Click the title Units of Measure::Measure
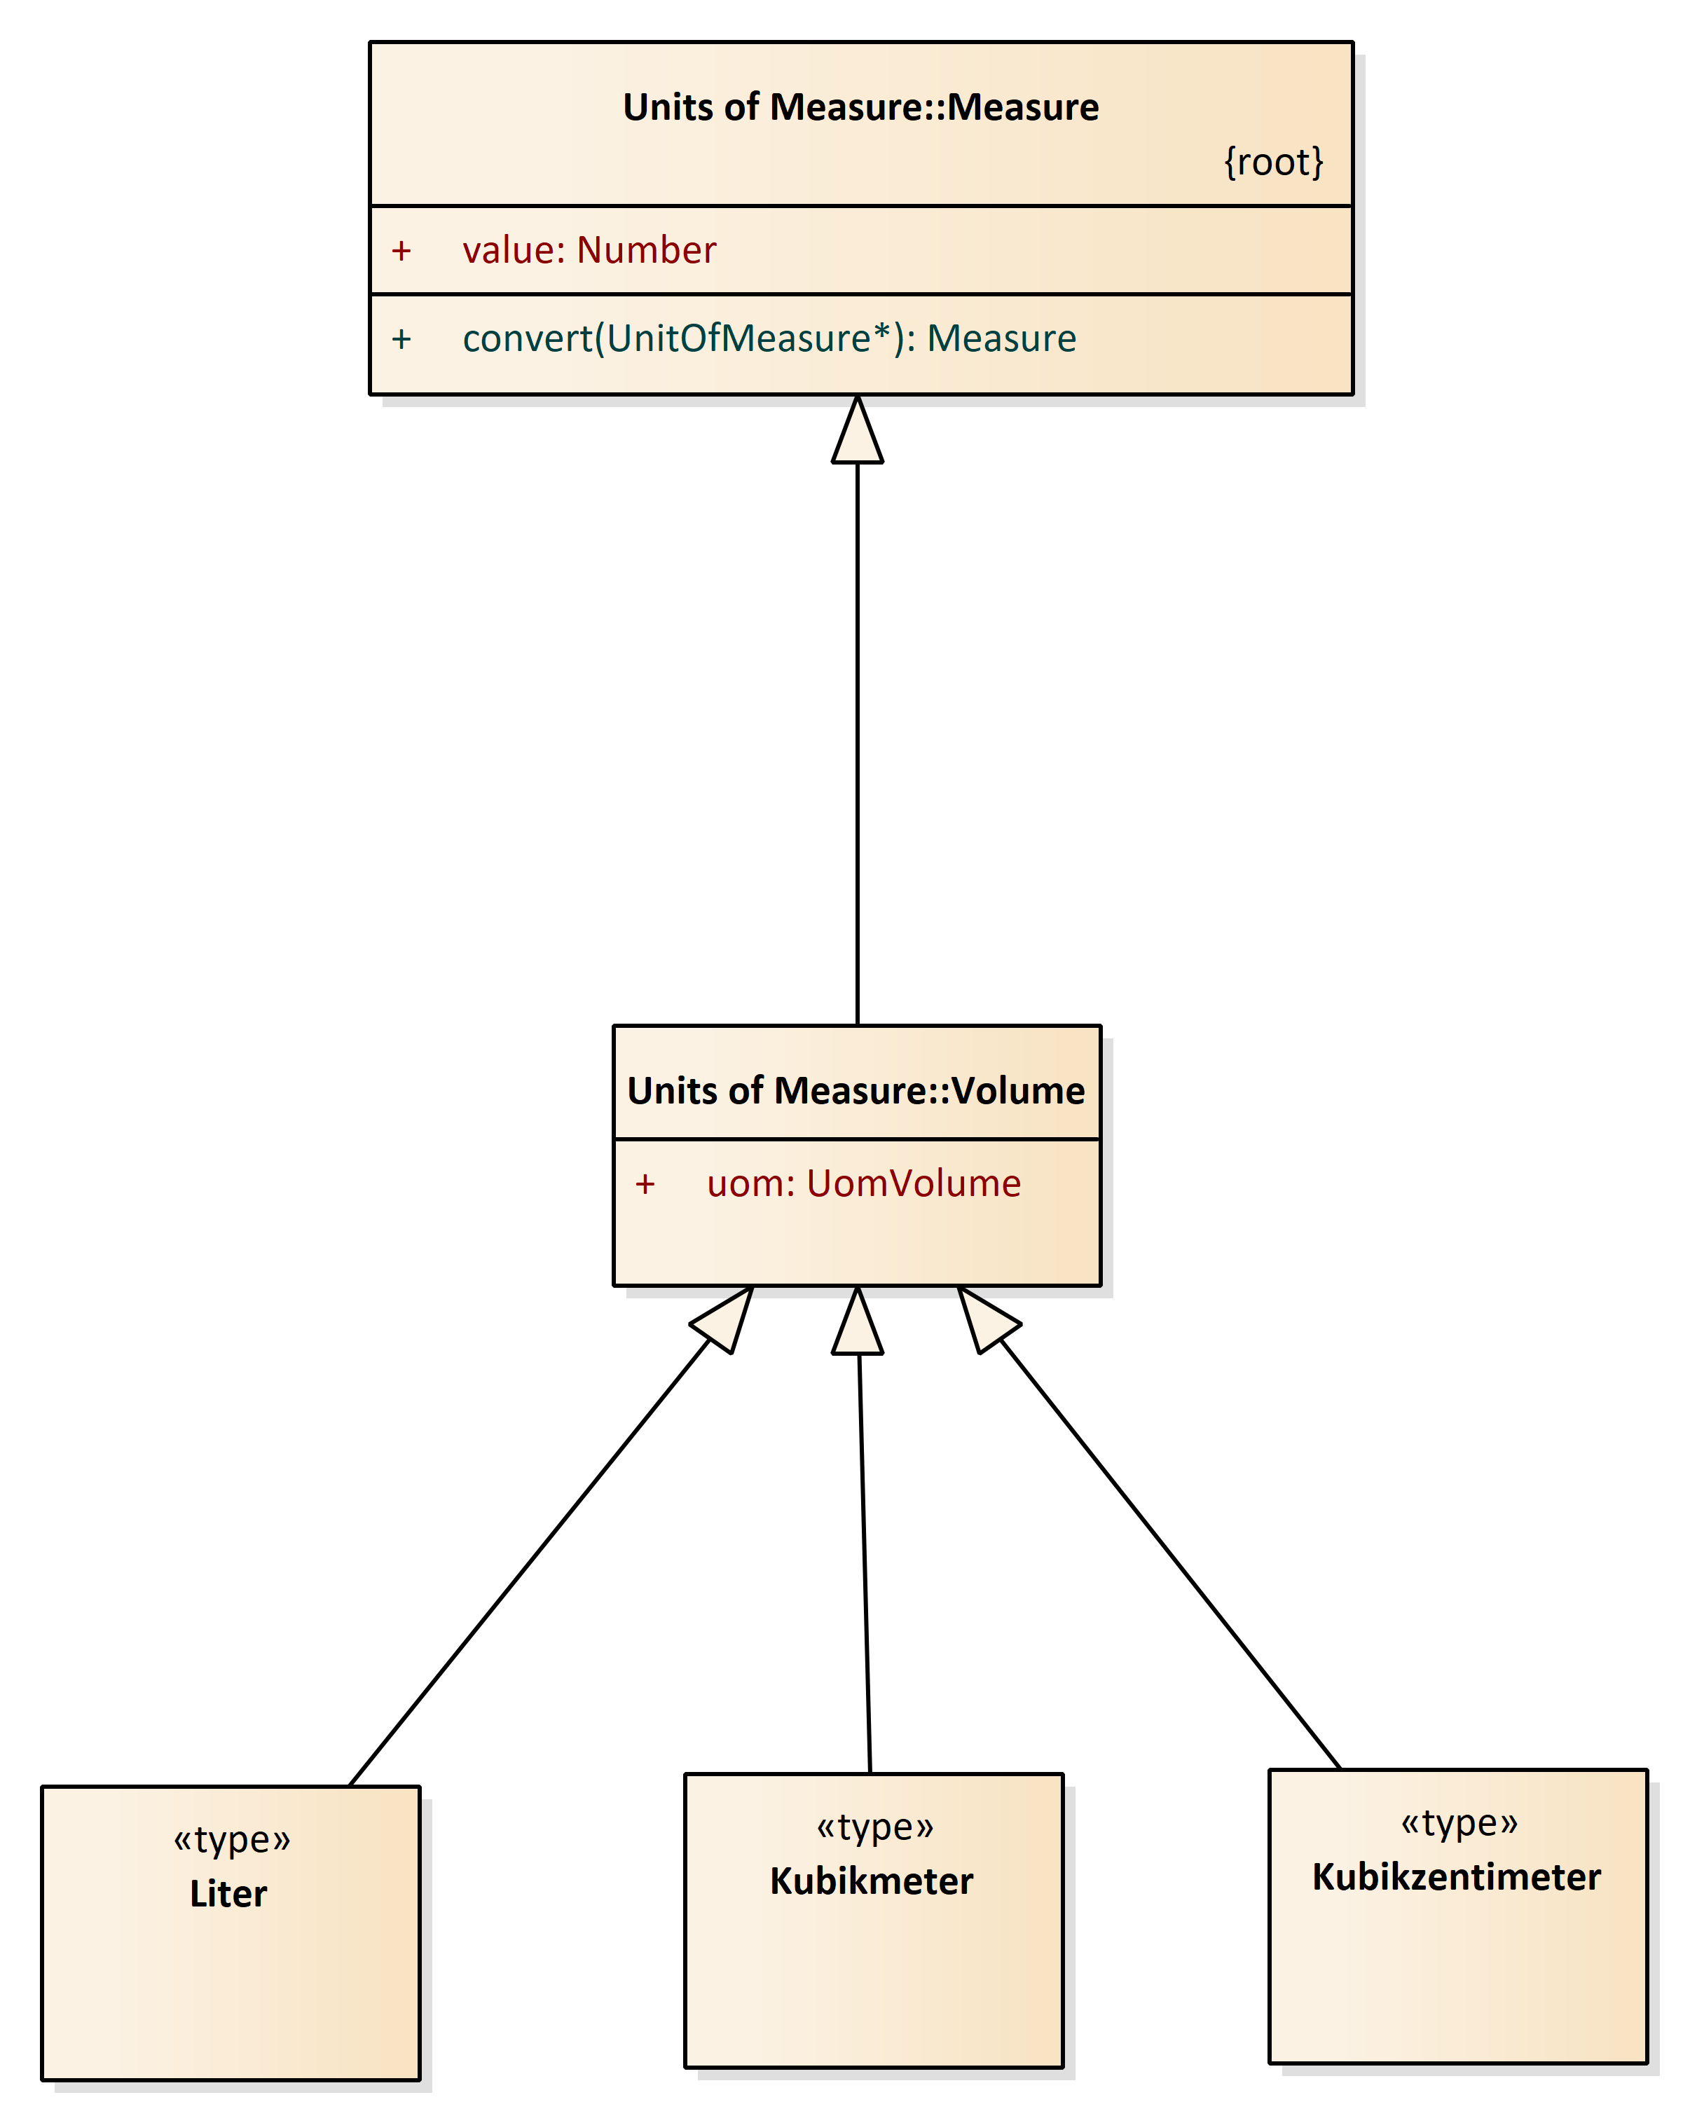[x=860, y=107]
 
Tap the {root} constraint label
[x=1272, y=161]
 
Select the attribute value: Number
[x=589, y=250]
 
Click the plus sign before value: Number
[x=401, y=250]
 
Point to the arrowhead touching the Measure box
[x=857, y=433]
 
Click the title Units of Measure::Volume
[x=855, y=1090]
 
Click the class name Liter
[x=228, y=1892]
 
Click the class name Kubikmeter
[x=871, y=1880]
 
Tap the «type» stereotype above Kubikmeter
[x=874, y=1827]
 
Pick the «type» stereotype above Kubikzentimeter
[x=1459, y=1822]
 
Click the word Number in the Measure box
[x=646, y=250]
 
